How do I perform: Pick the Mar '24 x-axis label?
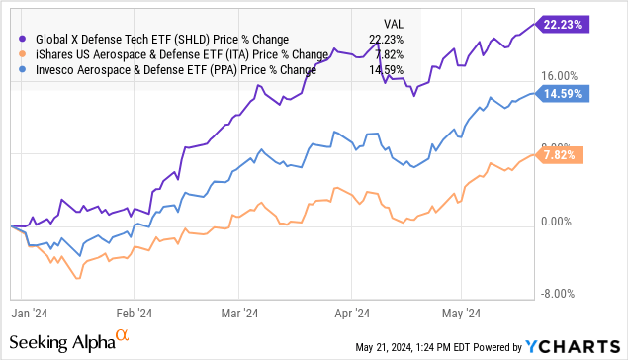[x=237, y=311]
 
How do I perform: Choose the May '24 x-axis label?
[x=459, y=311]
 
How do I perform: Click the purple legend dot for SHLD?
[x=24, y=39]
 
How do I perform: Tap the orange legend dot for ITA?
[x=24, y=54]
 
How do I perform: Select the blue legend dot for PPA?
[x=24, y=70]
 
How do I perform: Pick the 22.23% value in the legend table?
[x=395, y=39]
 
